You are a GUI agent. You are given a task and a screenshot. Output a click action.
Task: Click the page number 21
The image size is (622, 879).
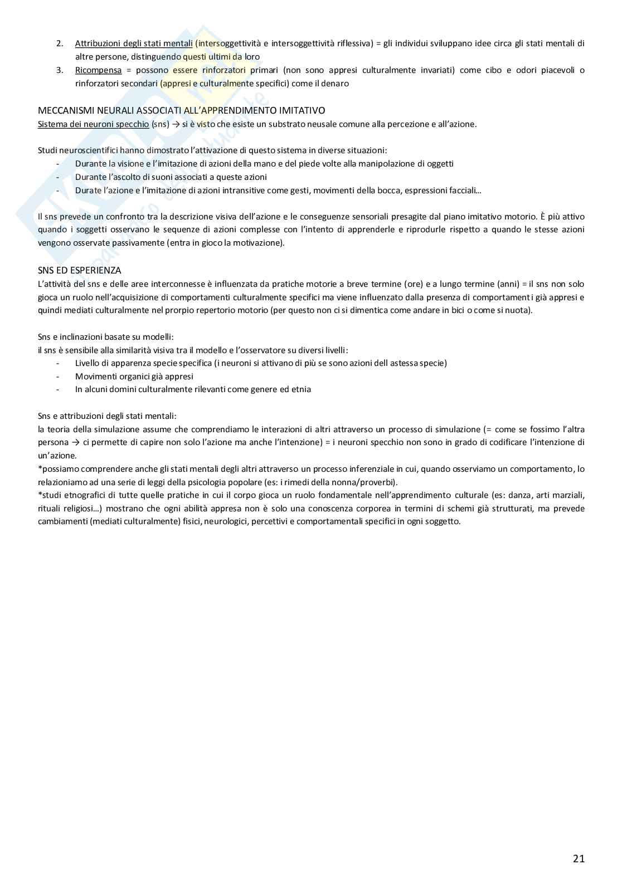579,858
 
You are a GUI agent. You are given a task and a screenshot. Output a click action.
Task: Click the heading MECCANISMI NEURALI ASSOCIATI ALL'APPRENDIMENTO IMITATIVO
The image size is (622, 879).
181,111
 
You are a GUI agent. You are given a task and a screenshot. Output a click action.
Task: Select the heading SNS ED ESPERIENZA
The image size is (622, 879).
79,271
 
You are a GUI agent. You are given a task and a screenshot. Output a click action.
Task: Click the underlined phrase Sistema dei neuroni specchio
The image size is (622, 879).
93,124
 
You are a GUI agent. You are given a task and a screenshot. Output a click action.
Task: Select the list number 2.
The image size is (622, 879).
60,43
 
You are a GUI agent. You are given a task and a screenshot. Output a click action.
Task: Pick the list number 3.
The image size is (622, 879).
60,70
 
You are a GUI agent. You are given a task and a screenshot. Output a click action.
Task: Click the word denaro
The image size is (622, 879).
336,84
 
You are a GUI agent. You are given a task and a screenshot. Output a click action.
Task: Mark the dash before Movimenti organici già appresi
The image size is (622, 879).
58,377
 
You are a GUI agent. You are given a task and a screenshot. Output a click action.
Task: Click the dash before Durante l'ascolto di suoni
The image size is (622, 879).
58,177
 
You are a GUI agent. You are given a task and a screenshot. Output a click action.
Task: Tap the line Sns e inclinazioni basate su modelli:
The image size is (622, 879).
105,337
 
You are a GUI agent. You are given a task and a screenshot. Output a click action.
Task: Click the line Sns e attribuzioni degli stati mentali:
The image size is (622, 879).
107,416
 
